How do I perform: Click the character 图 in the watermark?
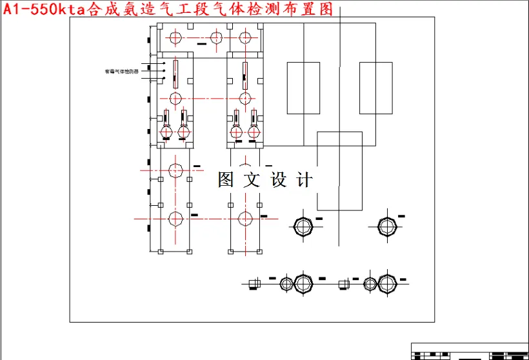pos(226,180)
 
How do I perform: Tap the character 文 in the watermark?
pos(252,180)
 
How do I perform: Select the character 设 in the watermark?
pos(278,180)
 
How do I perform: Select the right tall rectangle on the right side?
pos(375,88)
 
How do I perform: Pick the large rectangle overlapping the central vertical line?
pos(339,171)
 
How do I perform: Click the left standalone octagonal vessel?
pos(303,227)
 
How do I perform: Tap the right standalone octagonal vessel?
pos(386,227)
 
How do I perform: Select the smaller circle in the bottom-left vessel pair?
pos(286,284)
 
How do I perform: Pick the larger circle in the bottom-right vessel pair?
pos(386,284)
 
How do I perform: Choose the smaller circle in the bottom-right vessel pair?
pos(370,284)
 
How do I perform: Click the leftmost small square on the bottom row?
pos(254,284)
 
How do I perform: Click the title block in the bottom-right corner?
pos(469,352)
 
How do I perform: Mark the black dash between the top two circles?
pos(203,44)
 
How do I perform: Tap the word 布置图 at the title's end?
pos(317,10)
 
